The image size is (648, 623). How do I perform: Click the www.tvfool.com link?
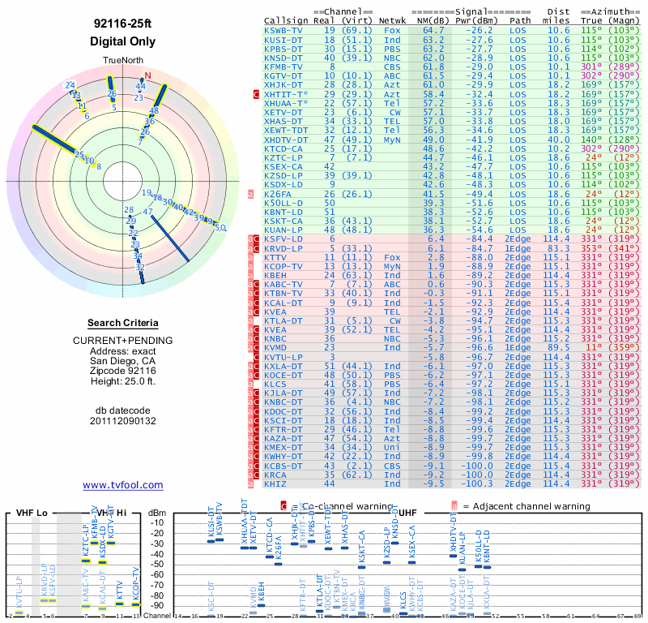pos(123,485)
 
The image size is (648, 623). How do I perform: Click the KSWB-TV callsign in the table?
pos(283,30)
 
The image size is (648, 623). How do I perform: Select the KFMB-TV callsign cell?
pos(283,67)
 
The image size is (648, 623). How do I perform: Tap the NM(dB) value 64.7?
pos(433,30)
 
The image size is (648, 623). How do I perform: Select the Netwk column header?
pos(393,20)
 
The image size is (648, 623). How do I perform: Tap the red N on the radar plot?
pos(147,76)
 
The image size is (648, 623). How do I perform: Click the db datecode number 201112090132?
pos(123,421)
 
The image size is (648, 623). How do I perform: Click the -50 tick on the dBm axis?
pos(156,564)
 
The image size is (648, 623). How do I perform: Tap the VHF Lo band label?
pos(32,513)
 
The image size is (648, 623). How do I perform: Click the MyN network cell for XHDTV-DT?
pos(393,139)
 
